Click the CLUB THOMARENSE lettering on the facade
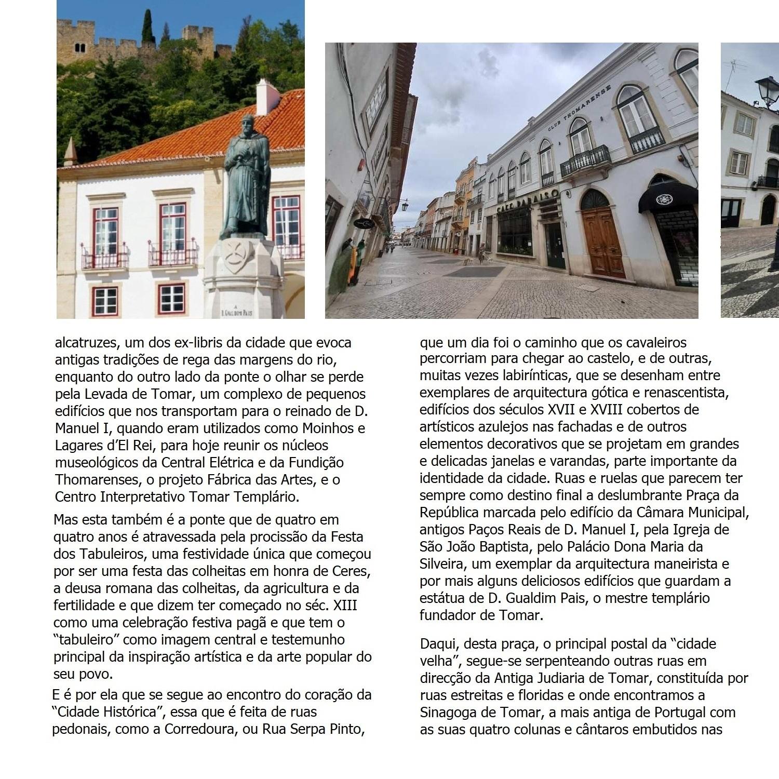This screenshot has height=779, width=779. [x=580, y=107]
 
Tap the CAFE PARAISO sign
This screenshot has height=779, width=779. [x=528, y=200]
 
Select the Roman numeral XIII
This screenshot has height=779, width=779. [x=345, y=606]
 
